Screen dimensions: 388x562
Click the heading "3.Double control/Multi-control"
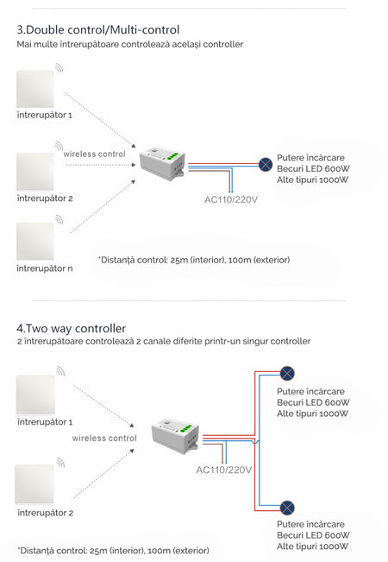coord(98,29)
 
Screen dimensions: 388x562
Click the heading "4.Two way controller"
coord(72,328)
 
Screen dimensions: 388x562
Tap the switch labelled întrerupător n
coord(35,241)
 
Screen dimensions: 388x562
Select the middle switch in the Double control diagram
coord(35,172)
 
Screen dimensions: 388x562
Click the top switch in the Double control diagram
coord(35,89)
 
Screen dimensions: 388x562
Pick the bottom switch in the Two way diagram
coord(34,484)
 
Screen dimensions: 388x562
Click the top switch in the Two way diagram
coord(35,395)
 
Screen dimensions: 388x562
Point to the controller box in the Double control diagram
coord(162,163)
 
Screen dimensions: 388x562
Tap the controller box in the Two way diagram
coord(175,436)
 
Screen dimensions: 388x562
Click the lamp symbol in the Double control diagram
coord(266,165)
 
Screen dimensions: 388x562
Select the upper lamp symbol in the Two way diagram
coord(287,373)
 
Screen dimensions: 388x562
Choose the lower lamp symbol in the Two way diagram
coord(287,508)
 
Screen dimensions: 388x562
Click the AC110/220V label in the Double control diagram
coord(231,199)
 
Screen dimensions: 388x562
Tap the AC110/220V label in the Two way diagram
coord(223,470)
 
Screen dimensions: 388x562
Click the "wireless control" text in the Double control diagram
coord(95,155)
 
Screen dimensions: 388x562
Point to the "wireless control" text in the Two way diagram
coord(104,438)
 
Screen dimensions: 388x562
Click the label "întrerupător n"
coord(44,268)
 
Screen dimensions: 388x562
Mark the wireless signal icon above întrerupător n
coord(59,219)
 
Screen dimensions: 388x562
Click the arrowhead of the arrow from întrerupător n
coord(133,181)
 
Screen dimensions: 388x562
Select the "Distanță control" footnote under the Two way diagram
coord(113,550)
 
